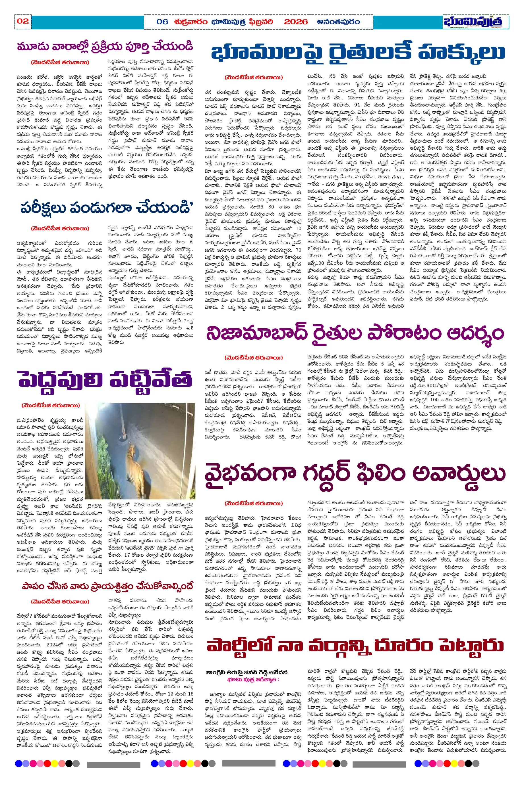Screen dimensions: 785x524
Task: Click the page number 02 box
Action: coord(23,21)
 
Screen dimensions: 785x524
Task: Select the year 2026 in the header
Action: coord(296,22)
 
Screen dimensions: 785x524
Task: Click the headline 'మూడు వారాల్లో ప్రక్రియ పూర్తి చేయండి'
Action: coord(105,47)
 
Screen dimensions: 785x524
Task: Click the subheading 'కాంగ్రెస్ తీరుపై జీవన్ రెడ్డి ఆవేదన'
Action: coord(247,672)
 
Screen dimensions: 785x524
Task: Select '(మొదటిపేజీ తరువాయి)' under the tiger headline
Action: coord(51,406)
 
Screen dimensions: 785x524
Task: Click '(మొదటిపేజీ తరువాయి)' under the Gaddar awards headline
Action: coord(254,504)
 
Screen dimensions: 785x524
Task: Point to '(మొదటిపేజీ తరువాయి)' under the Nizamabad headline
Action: coord(254,358)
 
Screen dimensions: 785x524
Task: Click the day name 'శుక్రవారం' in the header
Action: coord(190,22)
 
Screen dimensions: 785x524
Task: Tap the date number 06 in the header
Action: coord(162,22)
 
